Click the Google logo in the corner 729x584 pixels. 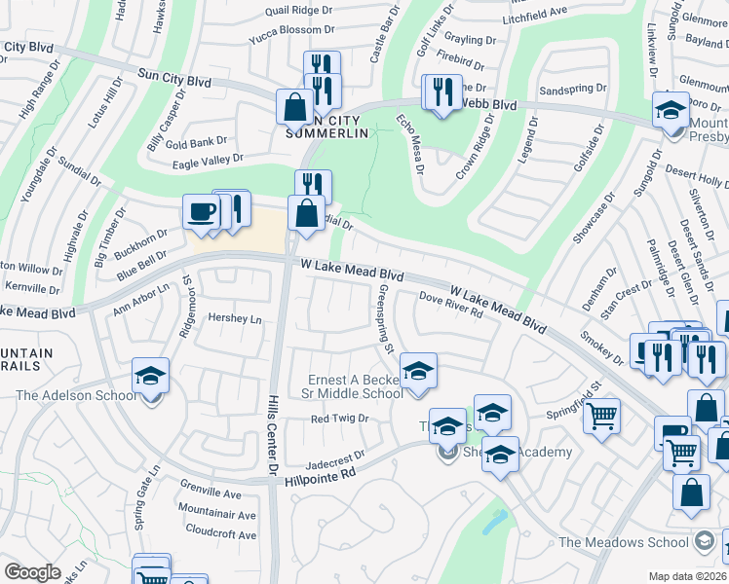(32, 572)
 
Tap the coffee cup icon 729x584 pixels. (201, 211)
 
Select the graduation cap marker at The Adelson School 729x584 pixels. (150, 375)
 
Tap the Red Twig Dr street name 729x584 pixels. (339, 419)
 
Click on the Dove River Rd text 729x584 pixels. (451, 305)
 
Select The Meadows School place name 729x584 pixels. (624, 542)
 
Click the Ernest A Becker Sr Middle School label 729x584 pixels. (356, 386)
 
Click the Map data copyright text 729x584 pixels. (688, 576)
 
